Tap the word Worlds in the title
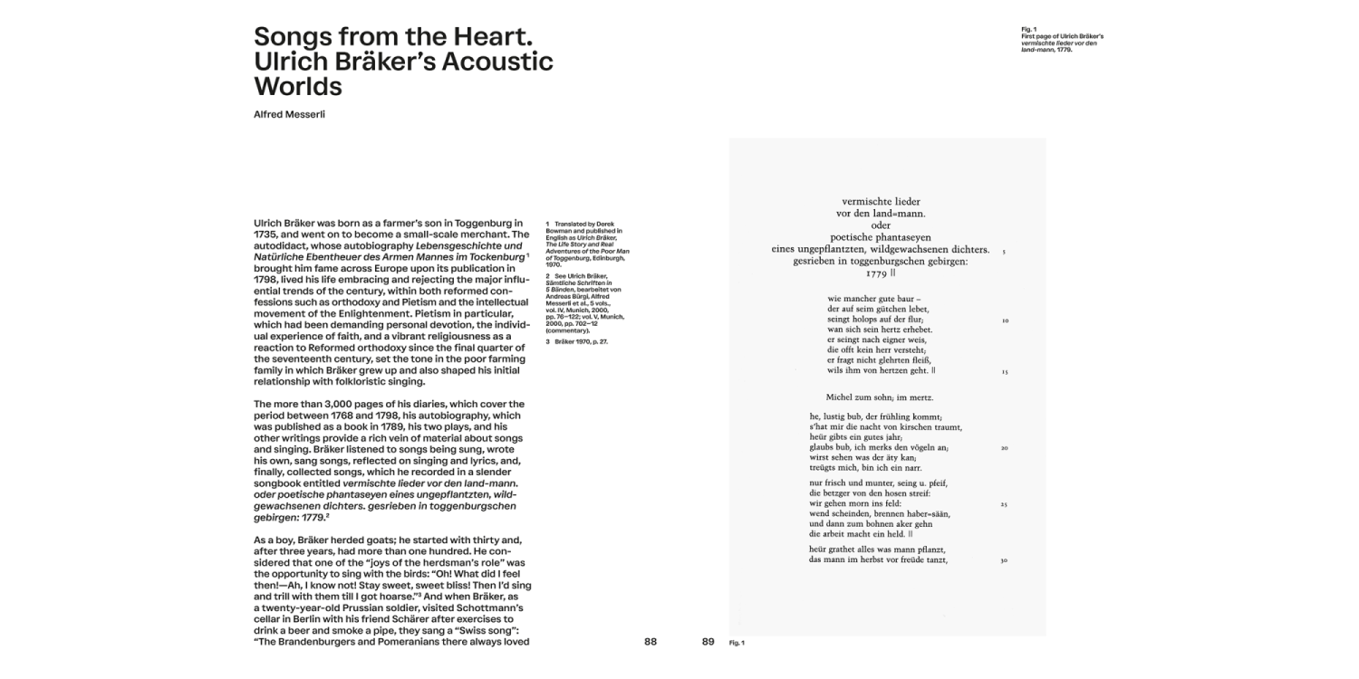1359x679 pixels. pyautogui.click(x=298, y=87)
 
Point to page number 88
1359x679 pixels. pyautogui.click(x=651, y=642)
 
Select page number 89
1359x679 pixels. pyautogui.click(x=708, y=642)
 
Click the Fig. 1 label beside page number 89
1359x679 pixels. pyautogui.click(x=737, y=643)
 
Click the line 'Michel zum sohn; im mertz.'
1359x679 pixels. pyautogui.click(x=880, y=397)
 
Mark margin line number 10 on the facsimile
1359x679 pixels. pyautogui.click(x=1005, y=320)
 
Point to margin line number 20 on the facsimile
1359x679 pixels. pyautogui.click(x=1005, y=448)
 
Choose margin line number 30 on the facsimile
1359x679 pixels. pyautogui.click(x=1005, y=560)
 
